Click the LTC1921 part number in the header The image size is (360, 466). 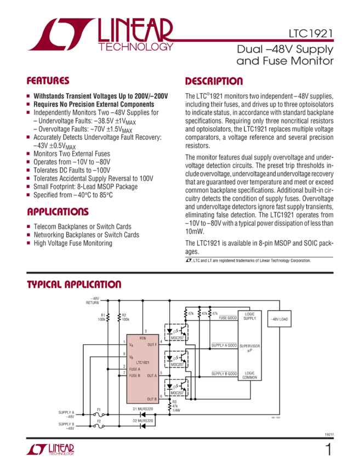tap(311, 34)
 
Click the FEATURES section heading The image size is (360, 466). tap(48, 81)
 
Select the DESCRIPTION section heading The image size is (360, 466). tap(214, 82)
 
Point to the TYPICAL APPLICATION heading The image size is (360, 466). tap(74, 285)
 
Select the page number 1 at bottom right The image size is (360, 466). tap(328, 450)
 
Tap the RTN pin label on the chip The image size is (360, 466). tap(143, 339)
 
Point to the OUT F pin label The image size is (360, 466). tap(152, 344)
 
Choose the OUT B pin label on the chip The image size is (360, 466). tap(152, 399)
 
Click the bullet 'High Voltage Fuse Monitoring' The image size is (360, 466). tap(73, 243)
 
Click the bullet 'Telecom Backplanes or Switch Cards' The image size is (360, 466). tap(82, 226)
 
